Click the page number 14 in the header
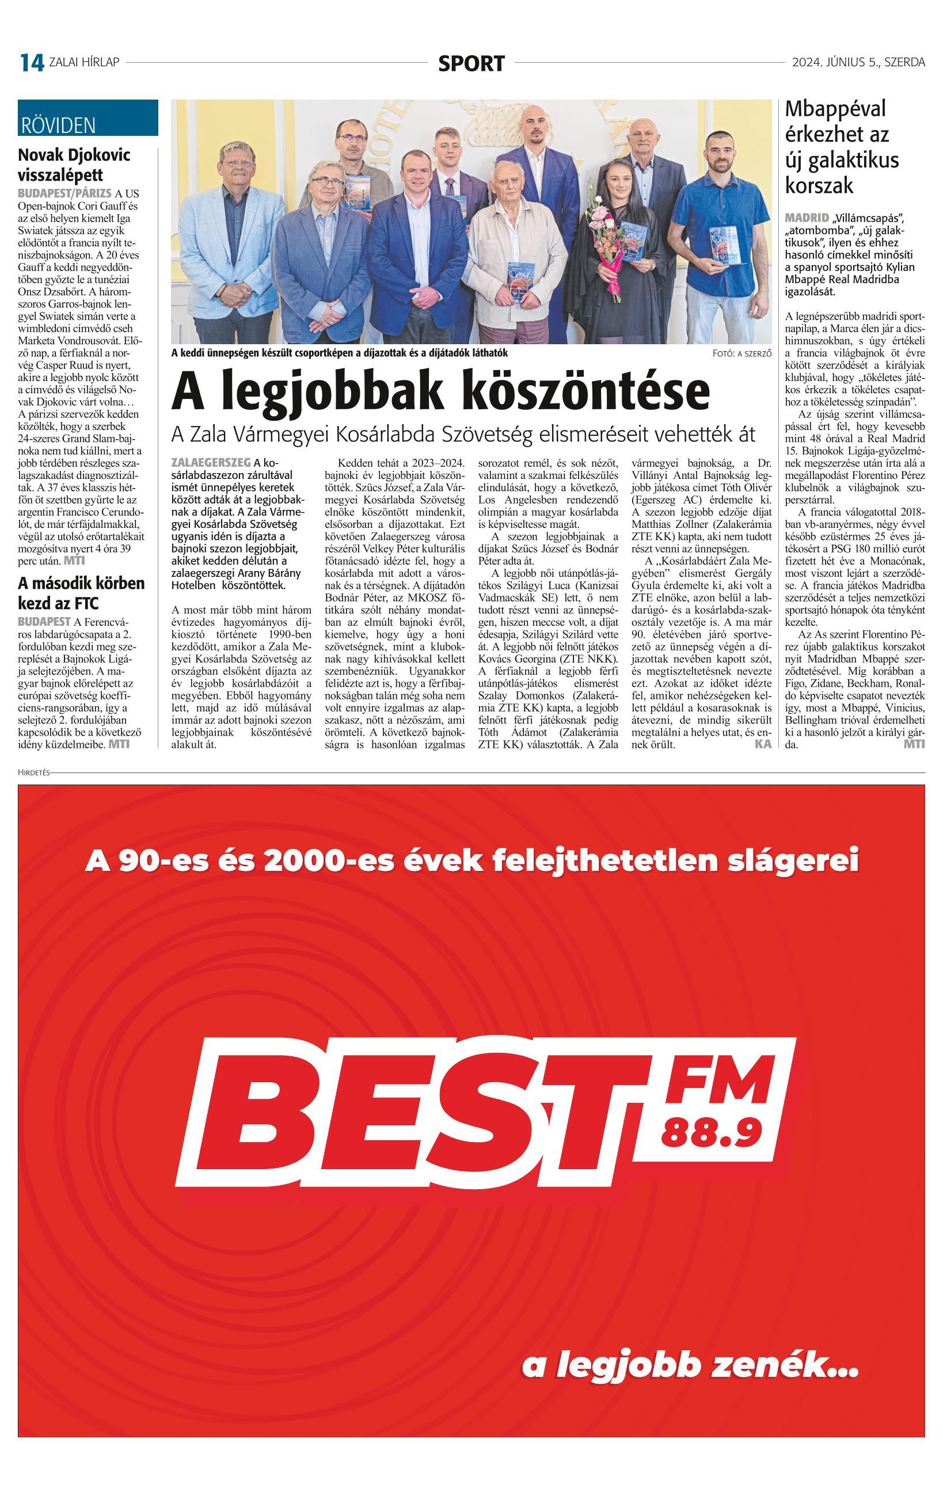(x=32, y=62)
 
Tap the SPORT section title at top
(x=471, y=63)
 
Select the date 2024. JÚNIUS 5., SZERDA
(x=858, y=62)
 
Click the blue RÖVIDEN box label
(x=58, y=125)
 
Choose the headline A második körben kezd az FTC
(x=81, y=592)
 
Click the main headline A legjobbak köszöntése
(x=440, y=389)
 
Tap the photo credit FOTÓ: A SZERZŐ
(x=742, y=353)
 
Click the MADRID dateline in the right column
(x=807, y=218)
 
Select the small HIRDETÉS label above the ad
(x=33, y=772)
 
